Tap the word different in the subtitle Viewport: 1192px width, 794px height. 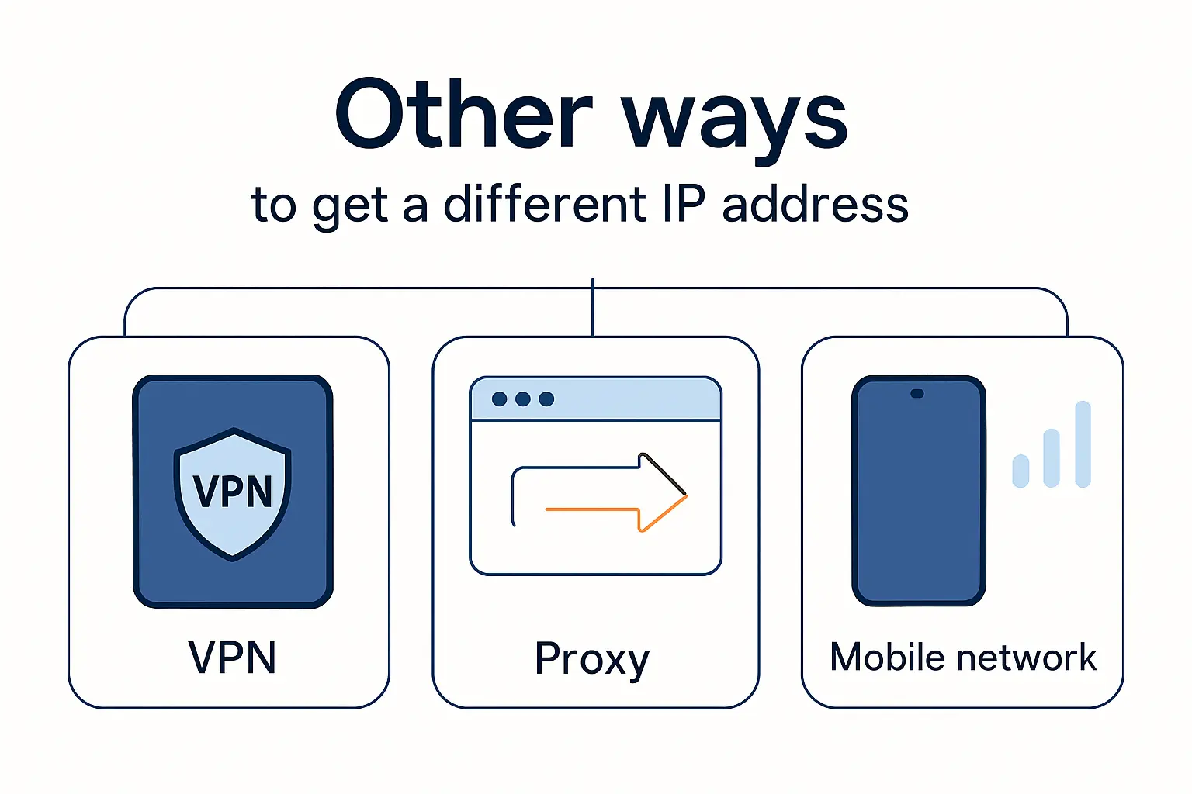(x=544, y=205)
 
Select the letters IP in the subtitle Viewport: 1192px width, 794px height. (x=684, y=205)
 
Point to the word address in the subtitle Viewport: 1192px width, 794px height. (x=815, y=205)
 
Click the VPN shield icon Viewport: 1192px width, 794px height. (x=233, y=492)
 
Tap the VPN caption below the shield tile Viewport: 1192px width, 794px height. (x=232, y=658)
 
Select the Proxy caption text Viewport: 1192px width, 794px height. (x=592, y=660)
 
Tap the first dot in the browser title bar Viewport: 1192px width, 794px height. (x=500, y=399)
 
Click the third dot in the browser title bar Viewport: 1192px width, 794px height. (x=546, y=399)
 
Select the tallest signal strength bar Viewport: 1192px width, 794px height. (x=1083, y=444)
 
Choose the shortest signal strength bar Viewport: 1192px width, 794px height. (x=1020, y=471)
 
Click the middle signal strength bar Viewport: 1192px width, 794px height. (x=1052, y=458)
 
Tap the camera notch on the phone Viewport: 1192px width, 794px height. (x=917, y=394)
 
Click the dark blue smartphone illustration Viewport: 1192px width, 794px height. (x=919, y=496)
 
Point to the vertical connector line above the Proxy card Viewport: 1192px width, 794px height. (x=593, y=307)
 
